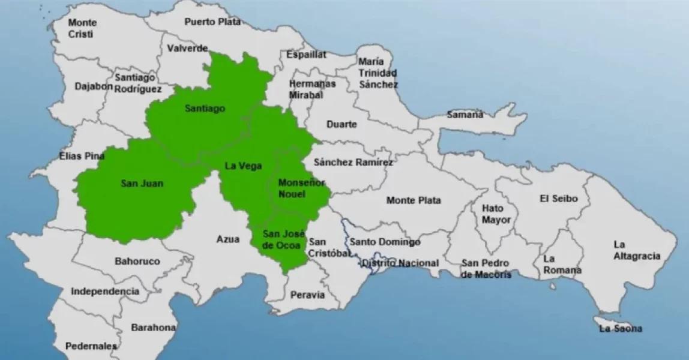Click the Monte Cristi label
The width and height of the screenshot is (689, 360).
click(82, 28)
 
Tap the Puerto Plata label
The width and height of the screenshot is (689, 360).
click(212, 22)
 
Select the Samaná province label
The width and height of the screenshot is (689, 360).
click(465, 115)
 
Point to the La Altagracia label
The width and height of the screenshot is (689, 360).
click(636, 250)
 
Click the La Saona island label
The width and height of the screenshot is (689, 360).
click(621, 328)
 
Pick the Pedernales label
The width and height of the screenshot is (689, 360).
click(91, 346)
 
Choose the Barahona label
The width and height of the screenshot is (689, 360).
click(154, 328)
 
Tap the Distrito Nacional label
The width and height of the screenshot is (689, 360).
click(400, 263)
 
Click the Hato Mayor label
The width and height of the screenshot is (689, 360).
click(496, 214)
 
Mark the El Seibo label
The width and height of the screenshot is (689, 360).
click(556, 199)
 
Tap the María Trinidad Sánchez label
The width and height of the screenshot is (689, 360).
click(378, 73)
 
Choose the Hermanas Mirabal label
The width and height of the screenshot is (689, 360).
click(312, 89)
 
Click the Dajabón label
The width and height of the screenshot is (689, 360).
click(94, 86)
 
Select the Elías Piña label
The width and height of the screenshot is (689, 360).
click(82, 157)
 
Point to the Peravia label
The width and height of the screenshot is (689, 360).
click(307, 295)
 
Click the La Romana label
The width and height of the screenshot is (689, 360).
click(562, 265)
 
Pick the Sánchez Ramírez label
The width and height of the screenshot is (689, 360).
click(353, 162)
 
